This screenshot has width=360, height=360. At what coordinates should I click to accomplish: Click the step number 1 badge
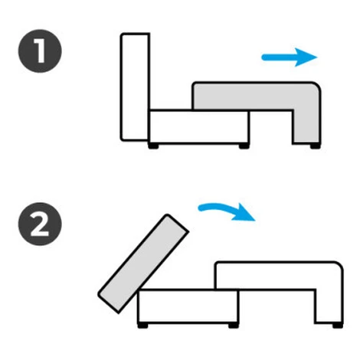pyautogui.click(x=40, y=51)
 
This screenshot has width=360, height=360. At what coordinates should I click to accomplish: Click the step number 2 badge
pyautogui.click(x=40, y=224)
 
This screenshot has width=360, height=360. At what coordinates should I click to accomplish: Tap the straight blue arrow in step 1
pyautogui.click(x=289, y=57)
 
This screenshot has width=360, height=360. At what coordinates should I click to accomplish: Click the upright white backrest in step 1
pyautogui.click(x=135, y=87)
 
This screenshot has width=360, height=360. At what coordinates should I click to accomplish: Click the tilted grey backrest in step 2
pyautogui.click(x=143, y=263)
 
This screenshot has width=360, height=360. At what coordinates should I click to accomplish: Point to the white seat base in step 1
pyautogui.click(x=198, y=126)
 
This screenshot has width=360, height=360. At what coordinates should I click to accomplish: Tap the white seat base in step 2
pyautogui.click(x=188, y=306)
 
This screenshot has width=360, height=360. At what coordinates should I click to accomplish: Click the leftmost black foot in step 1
pyautogui.click(x=153, y=146)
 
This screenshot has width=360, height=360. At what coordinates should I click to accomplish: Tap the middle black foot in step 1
pyautogui.click(x=244, y=146)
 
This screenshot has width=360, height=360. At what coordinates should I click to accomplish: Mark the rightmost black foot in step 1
pyautogui.click(x=315, y=146)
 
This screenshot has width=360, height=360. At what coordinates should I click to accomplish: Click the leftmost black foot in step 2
pyautogui.click(x=142, y=326)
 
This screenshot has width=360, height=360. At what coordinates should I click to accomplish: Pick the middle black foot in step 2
pyautogui.click(x=234, y=326)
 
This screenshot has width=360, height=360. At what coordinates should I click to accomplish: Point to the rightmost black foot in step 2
pyautogui.click(x=338, y=326)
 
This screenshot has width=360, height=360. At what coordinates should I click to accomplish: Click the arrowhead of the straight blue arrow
pyautogui.click(x=306, y=57)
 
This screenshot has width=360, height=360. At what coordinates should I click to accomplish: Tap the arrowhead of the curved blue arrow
pyautogui.click(x=243, y=212)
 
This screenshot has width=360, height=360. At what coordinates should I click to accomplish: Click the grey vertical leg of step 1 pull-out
pyautogui.click(x=306, y=125)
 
